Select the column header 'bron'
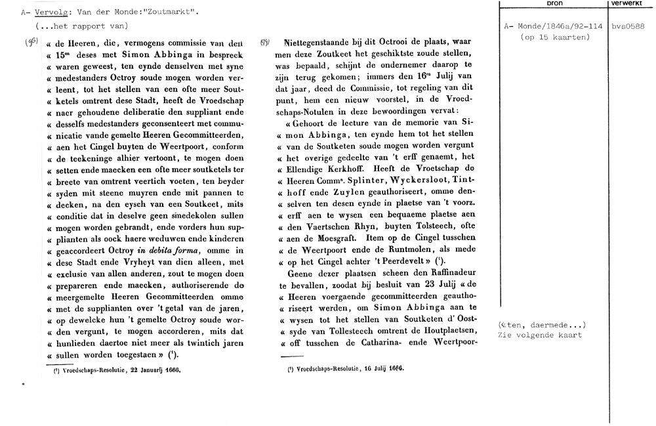click(x=554, y=3)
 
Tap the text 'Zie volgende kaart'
click(x=540, y=335)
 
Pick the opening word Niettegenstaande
click(x=311, y=41)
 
